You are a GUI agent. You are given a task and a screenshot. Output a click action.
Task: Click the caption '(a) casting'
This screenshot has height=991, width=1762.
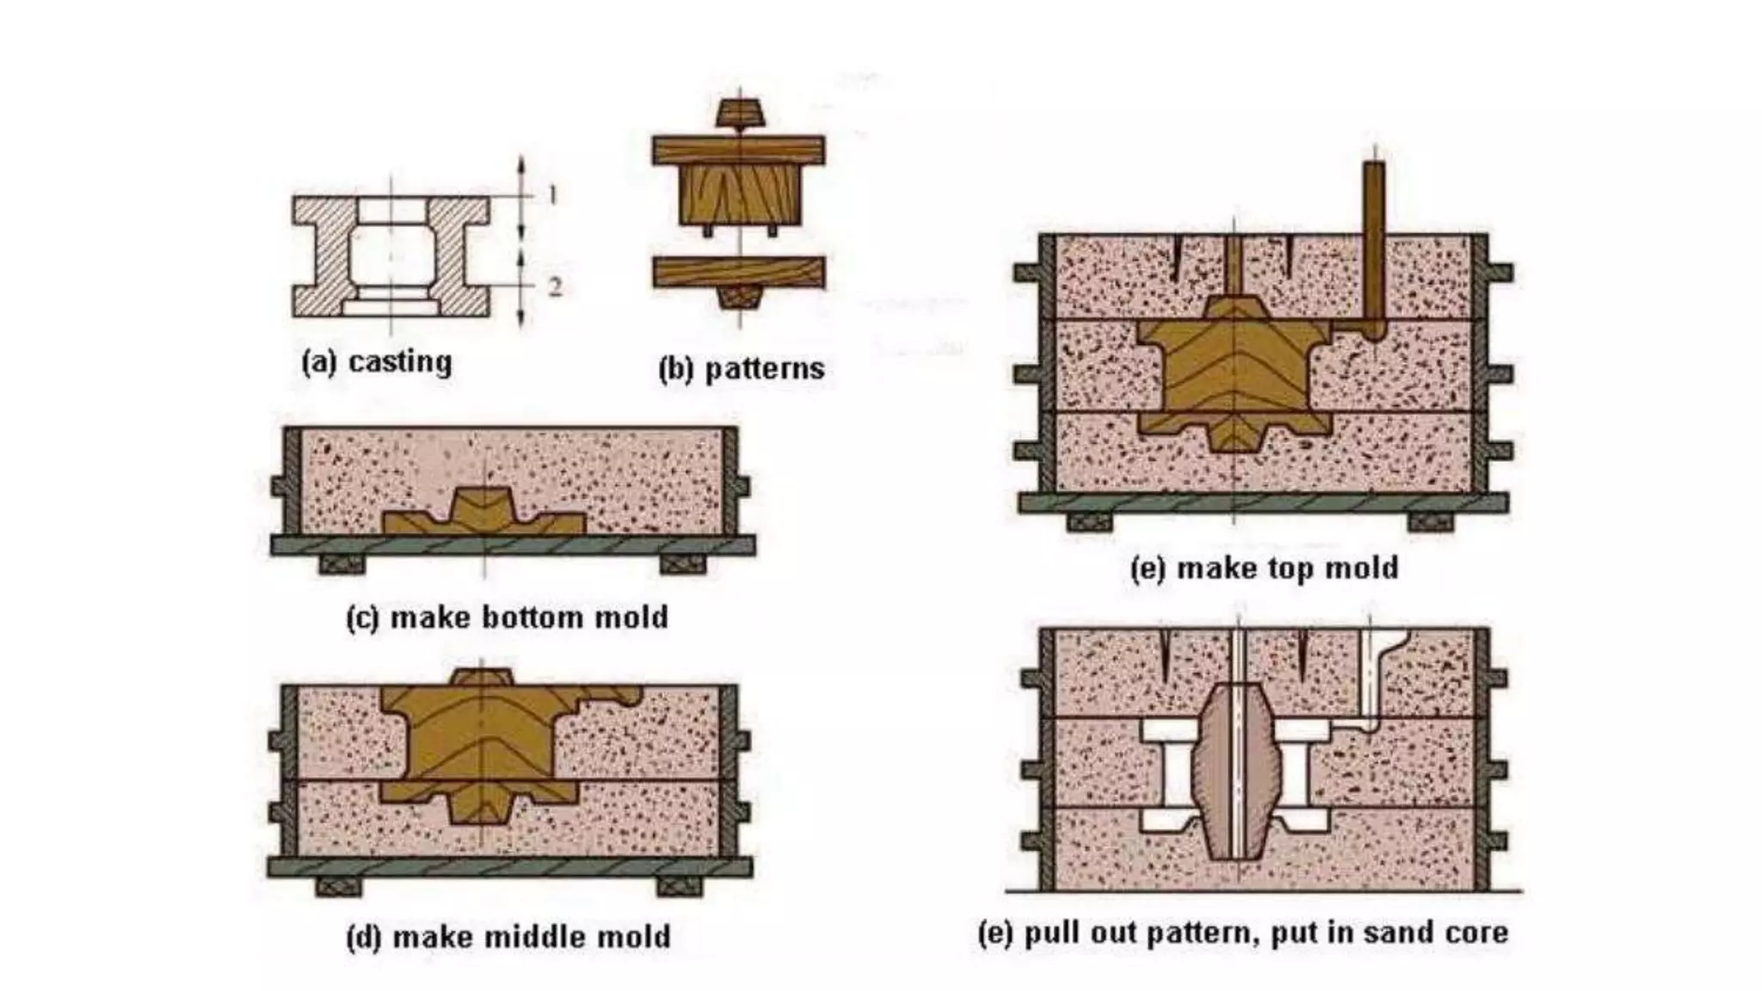click(376, 362)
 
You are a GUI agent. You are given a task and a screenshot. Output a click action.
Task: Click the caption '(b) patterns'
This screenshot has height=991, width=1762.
click(741, 369)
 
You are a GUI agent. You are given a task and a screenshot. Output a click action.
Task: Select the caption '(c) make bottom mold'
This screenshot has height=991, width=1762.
click(507, 618)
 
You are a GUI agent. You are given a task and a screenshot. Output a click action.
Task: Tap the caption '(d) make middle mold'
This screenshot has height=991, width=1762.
click(508, 937)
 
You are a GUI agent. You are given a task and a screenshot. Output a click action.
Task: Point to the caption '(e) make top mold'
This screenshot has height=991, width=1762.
click(1264, 569)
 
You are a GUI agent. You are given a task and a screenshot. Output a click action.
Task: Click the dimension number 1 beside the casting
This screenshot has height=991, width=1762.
click(552, 195)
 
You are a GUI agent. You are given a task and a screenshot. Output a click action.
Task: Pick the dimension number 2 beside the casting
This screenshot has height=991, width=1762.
click(554, 286)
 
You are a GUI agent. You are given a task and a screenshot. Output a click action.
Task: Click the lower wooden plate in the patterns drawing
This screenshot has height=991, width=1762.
click(738, 272)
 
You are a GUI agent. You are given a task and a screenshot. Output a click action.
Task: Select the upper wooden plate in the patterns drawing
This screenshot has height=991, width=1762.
click(738, 150)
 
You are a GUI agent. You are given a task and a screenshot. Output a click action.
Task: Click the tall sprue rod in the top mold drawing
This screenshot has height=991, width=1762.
click(1374, 241)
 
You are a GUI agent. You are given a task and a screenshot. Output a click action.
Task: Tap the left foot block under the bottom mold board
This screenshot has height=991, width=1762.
click(342, 564)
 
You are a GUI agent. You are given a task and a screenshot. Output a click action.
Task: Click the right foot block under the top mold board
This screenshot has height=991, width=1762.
click(1432, 521)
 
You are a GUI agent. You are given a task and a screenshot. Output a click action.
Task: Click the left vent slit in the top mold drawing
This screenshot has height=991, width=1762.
click(1175, 258)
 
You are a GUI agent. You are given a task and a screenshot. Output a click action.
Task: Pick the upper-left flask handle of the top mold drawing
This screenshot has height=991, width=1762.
click(1027, 274)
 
